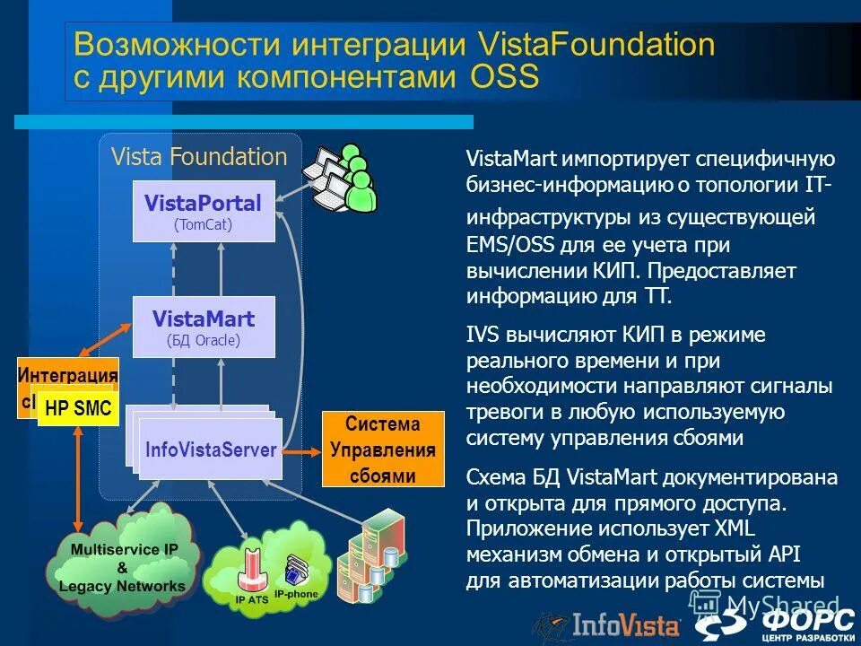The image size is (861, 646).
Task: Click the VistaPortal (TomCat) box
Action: tap(204, 211)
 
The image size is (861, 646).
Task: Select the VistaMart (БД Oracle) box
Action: tap(204, 327)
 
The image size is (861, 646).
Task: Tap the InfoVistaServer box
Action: tap(211, 450)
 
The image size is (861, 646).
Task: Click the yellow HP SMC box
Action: tap(78, 409)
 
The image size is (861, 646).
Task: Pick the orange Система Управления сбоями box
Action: tap(383, 449)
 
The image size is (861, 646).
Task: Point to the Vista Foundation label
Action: tap(199, 157)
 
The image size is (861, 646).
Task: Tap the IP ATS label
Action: tap(252, 598)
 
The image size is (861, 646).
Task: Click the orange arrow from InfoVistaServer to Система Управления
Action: tap(302, 450)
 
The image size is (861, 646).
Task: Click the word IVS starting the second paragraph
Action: tap(484, 336)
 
